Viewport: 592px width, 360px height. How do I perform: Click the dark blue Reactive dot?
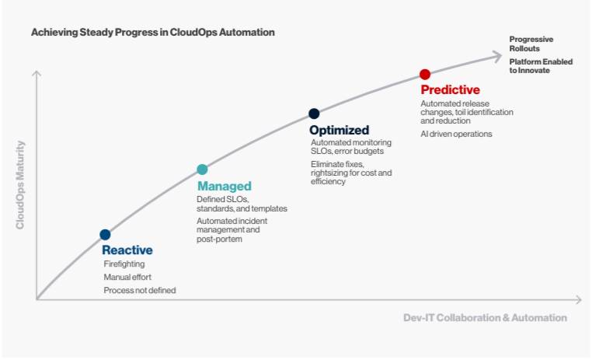click(105, 235)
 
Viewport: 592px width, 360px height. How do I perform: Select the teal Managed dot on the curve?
click(202, 170)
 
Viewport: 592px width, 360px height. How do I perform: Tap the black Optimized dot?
click(314, 114)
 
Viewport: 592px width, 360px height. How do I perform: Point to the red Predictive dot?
click(425, 75)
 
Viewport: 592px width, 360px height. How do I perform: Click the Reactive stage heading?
click(127, 250)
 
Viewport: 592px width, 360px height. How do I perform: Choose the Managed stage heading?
click(225, 187)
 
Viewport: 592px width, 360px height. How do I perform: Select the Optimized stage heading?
click(339, 131)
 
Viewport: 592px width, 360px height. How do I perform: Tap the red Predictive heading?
click(450, 90)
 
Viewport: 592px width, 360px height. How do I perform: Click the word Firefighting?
click(124, 264)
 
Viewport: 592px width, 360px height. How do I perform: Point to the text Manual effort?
click(127, 278)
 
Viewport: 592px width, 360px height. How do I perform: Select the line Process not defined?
click(140, 291)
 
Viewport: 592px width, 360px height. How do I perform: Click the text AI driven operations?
click(456, 134)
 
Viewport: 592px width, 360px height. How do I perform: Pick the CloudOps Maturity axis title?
click(20, 185)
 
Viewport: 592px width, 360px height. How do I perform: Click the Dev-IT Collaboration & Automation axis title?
click(485, 318)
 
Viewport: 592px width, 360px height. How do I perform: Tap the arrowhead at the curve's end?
click(498, 56)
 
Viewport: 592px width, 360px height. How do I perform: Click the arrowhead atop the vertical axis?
click(37, 74)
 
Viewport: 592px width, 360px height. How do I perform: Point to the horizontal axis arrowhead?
click(579, 300)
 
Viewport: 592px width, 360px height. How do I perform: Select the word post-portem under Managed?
click(219, 239)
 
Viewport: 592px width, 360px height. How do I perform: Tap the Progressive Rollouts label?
click(531, 44)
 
